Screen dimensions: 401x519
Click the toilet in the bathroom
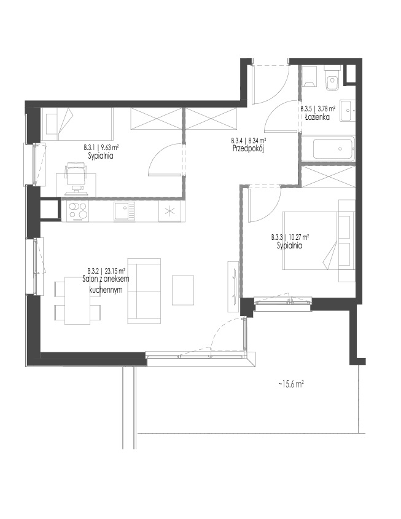tap(332, 79)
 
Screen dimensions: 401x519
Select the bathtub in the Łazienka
tap(333, 149)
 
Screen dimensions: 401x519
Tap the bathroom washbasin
tap(348, 110)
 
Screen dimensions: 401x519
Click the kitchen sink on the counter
tap(124, 211)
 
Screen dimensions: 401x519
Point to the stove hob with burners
tap(77, 211)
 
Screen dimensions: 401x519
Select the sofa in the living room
tap(144, 291)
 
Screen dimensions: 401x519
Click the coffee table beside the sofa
tap(183, 290)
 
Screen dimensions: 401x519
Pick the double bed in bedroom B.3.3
tap(319, 240)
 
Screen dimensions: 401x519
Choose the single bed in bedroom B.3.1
tap(77, 124)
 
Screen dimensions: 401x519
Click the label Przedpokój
tap(249, 149)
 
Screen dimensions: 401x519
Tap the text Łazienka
tap(317, 117)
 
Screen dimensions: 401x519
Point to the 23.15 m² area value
tap(114, 270)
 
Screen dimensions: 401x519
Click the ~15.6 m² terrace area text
tap(290, 384)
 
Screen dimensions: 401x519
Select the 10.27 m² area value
tap(299, 237)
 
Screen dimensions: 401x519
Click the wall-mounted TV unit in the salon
tap(233, 287)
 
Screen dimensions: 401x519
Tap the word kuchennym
tap(106, 290)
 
